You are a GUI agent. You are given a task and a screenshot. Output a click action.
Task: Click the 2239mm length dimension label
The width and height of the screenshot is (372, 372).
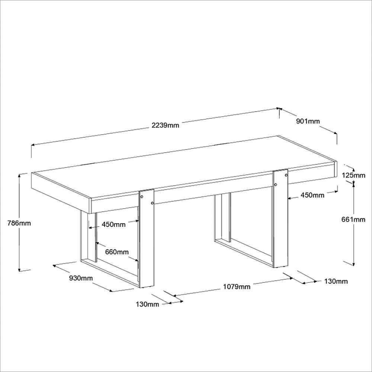click(166, 125)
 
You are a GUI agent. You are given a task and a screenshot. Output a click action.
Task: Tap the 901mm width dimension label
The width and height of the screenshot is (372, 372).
click(308, 121)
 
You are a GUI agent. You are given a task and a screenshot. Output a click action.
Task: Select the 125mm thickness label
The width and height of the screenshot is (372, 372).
click(353, 175)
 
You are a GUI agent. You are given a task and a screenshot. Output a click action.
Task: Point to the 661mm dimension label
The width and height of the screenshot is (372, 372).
click(353, 219)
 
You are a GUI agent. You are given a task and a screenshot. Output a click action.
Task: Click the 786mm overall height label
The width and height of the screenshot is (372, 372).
click(19, 223)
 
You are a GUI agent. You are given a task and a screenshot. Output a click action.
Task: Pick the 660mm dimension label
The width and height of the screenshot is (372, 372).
click(117, 252)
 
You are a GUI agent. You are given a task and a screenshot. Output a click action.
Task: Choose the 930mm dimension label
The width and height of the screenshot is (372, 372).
click(81, 278)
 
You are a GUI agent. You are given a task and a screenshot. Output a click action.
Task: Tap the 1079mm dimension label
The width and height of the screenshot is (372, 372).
click(237, 287)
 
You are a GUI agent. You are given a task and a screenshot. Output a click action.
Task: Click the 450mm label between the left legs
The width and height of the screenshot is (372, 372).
click(113, 224)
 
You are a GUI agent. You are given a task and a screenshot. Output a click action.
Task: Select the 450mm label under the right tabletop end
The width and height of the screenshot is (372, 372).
click(312, 195)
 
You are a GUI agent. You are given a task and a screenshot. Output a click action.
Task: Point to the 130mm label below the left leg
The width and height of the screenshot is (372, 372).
click(147, 304)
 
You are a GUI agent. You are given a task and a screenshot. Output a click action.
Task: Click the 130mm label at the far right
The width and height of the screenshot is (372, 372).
click(336, 282)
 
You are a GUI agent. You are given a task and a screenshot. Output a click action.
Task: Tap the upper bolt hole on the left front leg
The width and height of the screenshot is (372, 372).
click(142, 197)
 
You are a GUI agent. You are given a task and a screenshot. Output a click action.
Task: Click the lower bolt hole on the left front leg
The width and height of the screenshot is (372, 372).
click(152, 203)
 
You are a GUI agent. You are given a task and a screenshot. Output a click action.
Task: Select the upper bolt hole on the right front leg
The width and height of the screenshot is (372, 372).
click(286, 175)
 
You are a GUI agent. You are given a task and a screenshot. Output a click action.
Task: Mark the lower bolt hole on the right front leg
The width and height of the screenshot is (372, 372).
click(276, 185)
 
